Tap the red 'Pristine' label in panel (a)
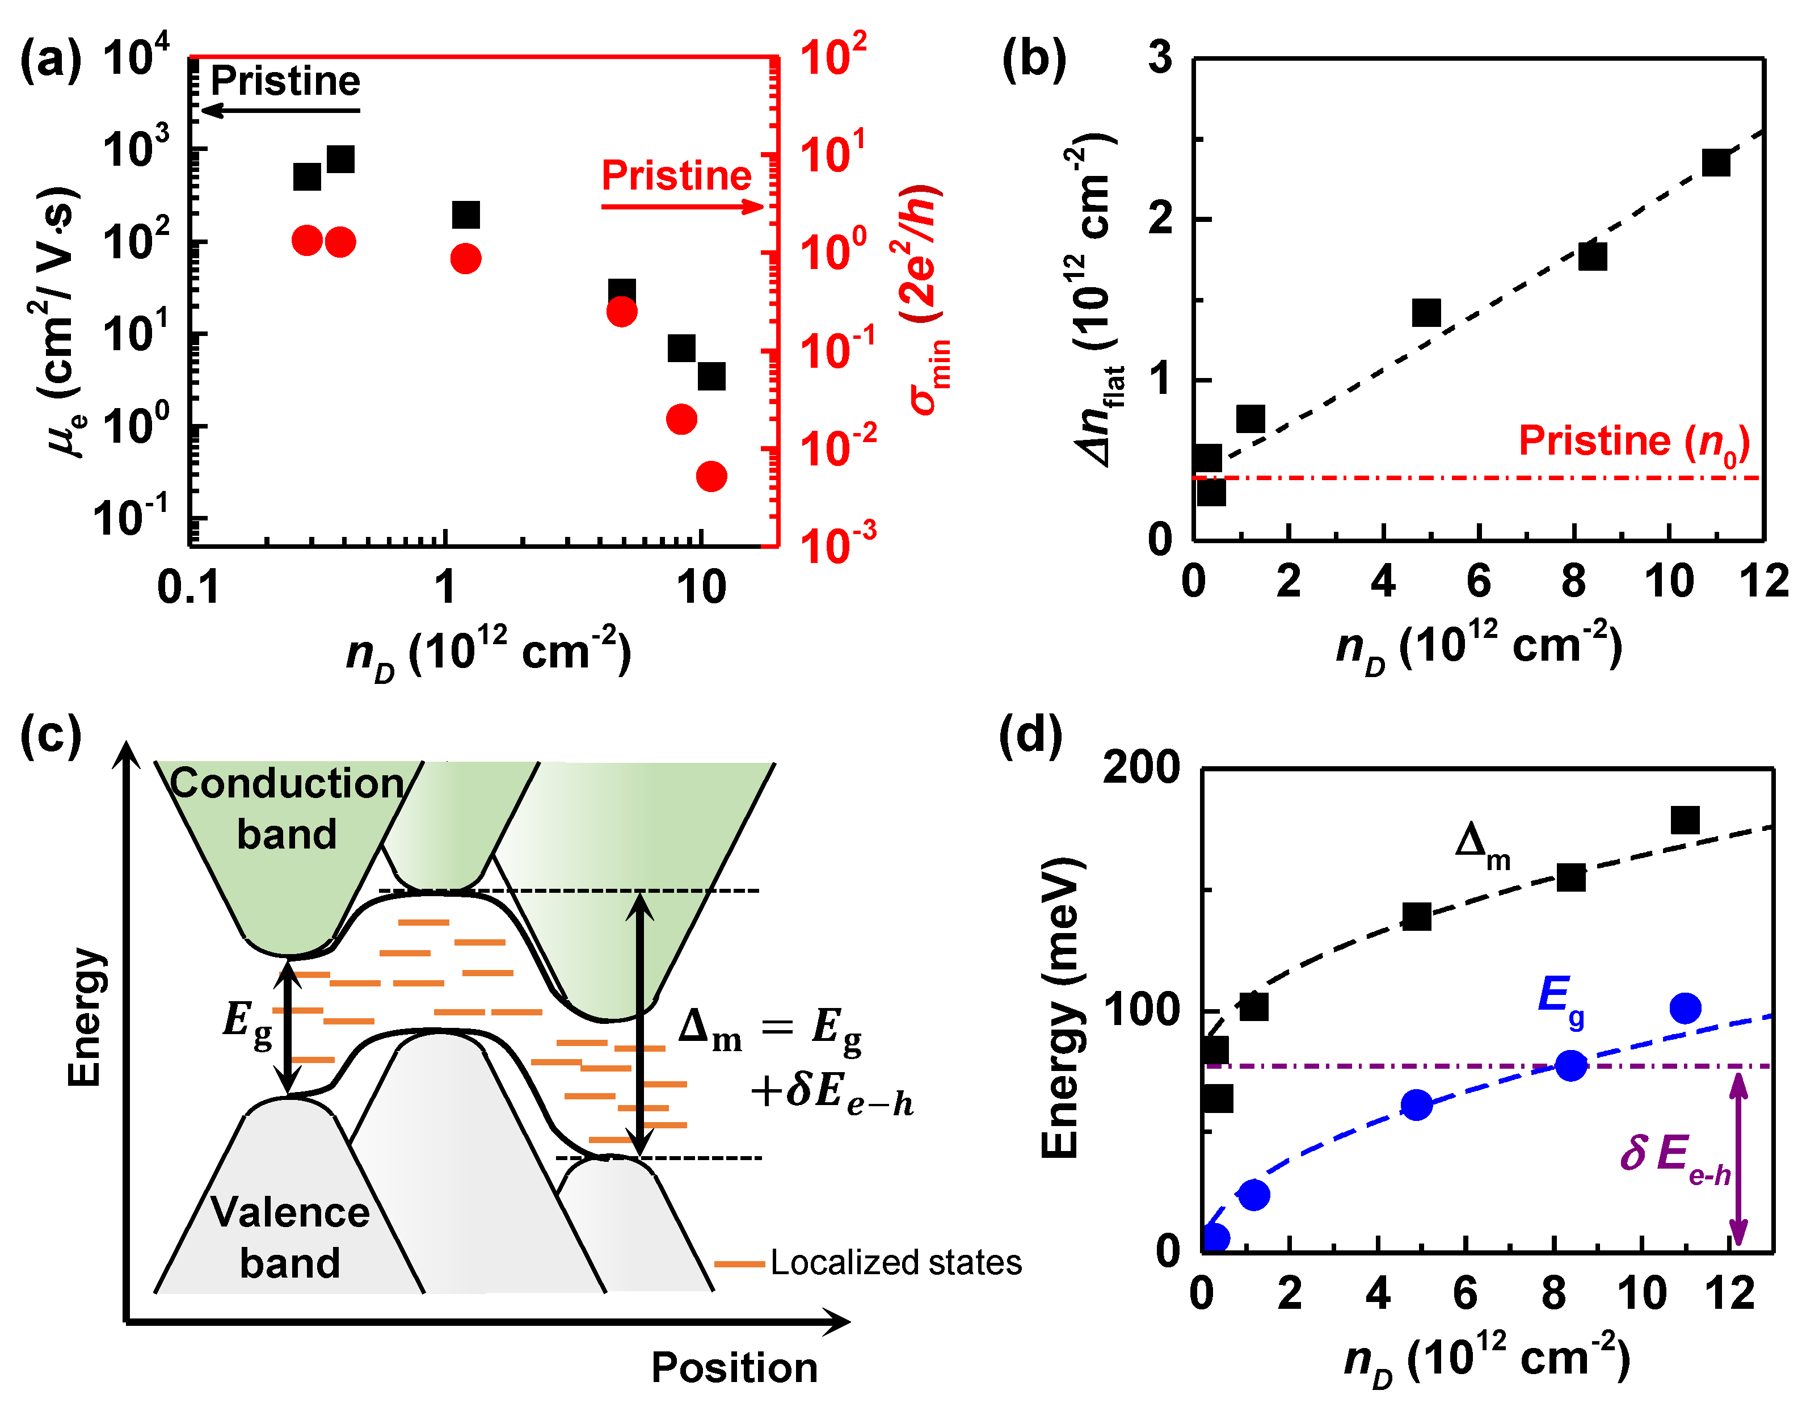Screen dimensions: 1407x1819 coord(676,176)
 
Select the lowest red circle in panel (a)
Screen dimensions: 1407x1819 coord(711,477)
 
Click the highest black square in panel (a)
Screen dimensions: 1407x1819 coord(340,158)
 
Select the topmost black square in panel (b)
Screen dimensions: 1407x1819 coord(1716,162)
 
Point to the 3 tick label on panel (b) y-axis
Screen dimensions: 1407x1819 coord(1160,58)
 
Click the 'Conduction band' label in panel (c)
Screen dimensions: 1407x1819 coord(287,808)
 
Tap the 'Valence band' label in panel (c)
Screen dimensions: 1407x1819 coord(290,1237)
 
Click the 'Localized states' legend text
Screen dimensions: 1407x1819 coord(895,1263)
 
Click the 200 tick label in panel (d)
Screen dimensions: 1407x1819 coord(1141,768)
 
